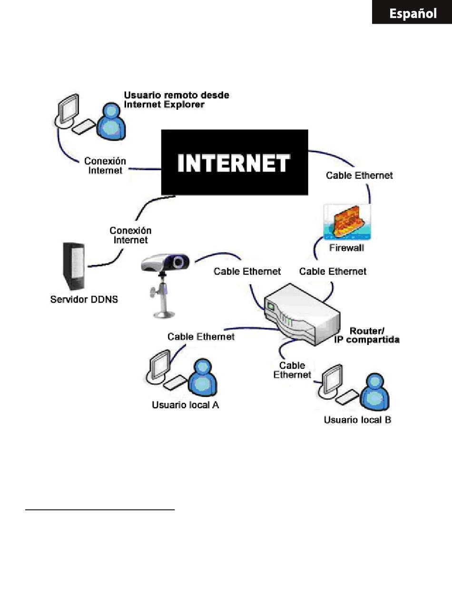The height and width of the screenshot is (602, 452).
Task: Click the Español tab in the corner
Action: coord(413,13)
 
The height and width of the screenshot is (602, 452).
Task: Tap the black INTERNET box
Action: coord(234,162)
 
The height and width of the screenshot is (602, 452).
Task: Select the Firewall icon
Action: coord(347,222)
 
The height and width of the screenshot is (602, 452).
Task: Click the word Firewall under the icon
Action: coord(347,248)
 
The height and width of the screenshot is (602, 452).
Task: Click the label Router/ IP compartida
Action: coord(374,335)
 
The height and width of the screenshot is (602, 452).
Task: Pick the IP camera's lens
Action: coord(178,262)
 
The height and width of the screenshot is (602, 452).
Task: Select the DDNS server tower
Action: coord(73,267)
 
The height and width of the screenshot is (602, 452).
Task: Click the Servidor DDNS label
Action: coord(84,300)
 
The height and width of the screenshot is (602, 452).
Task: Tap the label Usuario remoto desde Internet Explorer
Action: coord(176,100)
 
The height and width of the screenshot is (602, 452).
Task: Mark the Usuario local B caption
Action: coord(357,420)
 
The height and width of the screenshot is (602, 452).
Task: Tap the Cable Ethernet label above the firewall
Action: coord(359,175)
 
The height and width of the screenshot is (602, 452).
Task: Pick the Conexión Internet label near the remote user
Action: coord(105,165)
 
